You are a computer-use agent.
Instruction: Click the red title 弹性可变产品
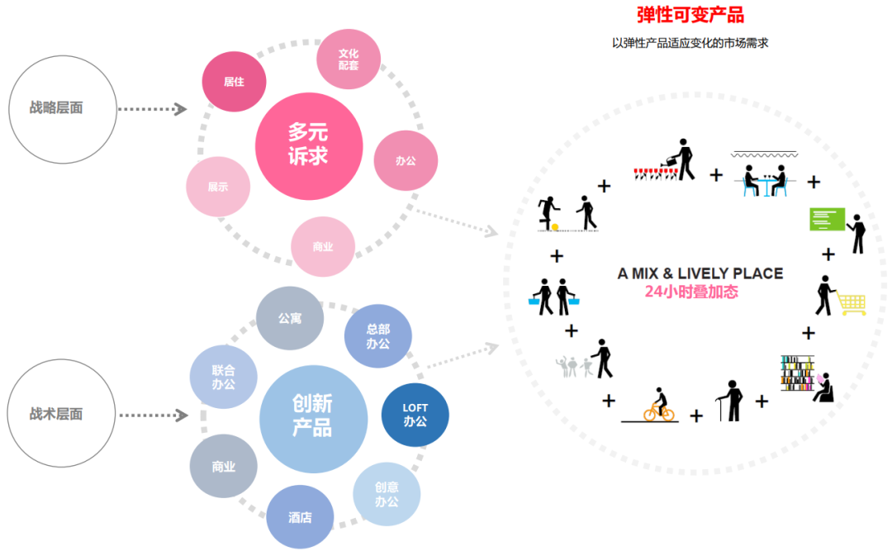[690, 15]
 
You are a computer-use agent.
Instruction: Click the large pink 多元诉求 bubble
[309, 145]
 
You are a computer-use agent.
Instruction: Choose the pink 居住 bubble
[234, 82]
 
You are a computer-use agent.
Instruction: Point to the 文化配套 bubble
[349, 59]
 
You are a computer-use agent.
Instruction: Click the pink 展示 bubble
[218, 187]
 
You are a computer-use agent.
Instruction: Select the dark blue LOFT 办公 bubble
[415, 415]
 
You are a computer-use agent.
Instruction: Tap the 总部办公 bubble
[377, 335]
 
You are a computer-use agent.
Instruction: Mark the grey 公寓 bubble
[289, 318]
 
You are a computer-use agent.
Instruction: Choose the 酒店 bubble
[300, 517]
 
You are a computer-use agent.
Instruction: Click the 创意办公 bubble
[387, 494]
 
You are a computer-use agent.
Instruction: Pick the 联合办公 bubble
[223, 377]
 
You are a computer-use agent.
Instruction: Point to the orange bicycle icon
[658, 406]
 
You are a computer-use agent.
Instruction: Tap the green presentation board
[827, 219]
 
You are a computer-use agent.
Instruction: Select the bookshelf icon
[797, 373]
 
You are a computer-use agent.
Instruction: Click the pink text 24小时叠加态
[690, 292]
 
